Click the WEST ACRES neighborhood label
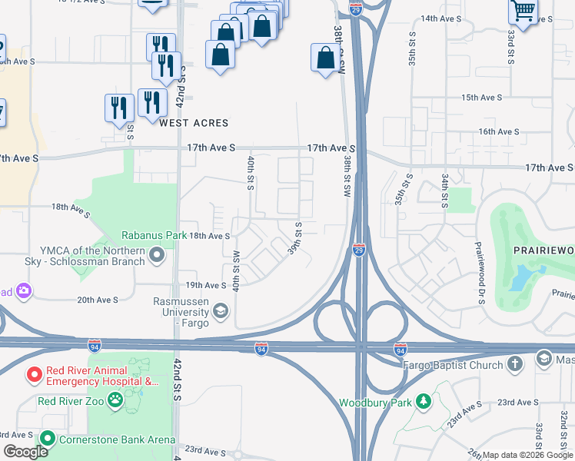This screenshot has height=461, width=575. coord(194,123)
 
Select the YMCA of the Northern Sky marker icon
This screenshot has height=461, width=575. coord(158,254)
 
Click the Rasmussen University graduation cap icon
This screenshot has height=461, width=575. coord(221,310)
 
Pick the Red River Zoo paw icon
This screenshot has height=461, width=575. coord(115,400)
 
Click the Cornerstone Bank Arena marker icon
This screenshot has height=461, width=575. coord(48,439)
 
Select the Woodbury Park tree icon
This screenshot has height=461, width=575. coord(422,402)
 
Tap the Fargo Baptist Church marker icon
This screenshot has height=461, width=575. coord(515,364)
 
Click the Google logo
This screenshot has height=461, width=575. coord(25,452)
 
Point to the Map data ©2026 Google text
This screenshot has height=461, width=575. coord(527,455)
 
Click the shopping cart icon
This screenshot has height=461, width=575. coord(523,12)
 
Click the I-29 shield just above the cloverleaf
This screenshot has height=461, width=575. coord(359,250)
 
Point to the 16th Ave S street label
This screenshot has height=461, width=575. coord(499,131)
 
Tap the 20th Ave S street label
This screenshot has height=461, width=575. coord(97,300)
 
